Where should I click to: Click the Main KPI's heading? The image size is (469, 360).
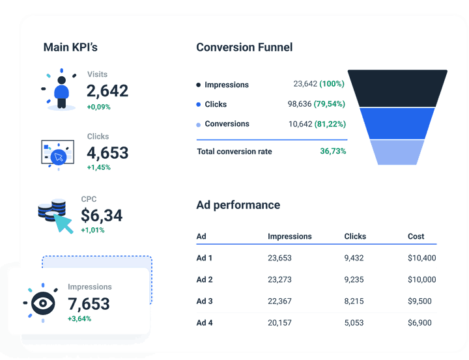coord(70,48)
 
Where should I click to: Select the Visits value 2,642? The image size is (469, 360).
coord(107,91)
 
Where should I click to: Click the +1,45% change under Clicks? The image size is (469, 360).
coord(99,167)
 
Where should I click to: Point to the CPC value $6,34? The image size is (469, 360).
coord(102,215)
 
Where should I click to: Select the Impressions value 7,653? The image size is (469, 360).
coord(89,304)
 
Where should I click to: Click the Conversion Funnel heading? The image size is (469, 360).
coord(244,48)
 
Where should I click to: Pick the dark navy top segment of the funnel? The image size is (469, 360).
coord(397,88)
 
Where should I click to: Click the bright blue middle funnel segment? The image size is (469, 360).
coord(397,123)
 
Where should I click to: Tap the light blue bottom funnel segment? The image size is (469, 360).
coord(397,152)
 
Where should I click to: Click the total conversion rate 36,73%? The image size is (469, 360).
coord(333,152)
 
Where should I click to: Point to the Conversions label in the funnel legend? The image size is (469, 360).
coord(227,124)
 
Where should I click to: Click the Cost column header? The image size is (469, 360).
coord(416,236)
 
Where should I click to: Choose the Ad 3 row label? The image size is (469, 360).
coord(205,301)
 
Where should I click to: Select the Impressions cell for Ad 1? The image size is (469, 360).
coord(279,258)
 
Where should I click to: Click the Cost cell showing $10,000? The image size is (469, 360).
coord(421,279)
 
